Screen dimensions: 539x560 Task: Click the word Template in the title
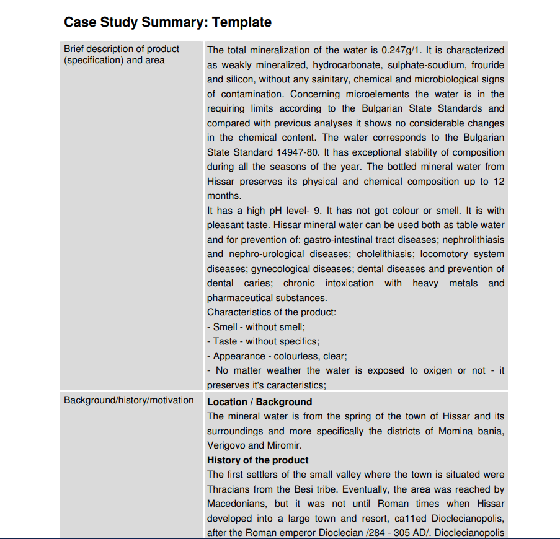click(242, 22)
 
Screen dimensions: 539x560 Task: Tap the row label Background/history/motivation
click(129, 400)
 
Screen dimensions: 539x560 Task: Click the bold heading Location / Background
click(259, 402)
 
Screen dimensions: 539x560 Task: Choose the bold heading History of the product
click(257, 460)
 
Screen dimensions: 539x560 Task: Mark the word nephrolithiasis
click(469, 239)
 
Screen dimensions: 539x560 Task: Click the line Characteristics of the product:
click(272, 312)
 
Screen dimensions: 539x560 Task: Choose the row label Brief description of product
click(122, 49)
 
